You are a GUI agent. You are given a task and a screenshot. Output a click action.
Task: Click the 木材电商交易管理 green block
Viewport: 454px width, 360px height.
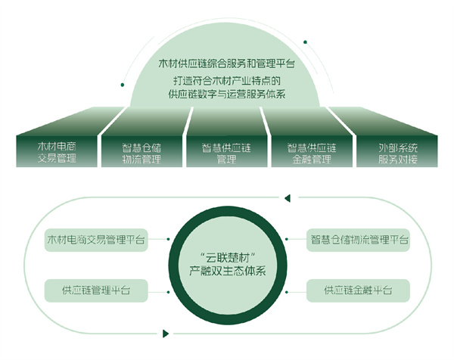tap(58, 151)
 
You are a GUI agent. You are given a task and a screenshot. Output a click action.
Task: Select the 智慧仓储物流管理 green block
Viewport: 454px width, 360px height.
tap(141, 151)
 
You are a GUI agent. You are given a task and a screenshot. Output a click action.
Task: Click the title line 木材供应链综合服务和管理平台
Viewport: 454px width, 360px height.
tap(227, 67)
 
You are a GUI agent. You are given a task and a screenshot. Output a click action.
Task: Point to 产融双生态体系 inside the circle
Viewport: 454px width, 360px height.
tap(227, 271)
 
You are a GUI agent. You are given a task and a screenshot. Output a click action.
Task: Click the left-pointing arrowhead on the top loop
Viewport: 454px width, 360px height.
tap(287, 200)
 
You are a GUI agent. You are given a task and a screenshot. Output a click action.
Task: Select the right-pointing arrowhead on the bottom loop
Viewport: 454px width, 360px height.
tap(166, 331)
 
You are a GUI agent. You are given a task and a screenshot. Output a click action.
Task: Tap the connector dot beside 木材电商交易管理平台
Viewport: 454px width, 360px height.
tap(166, 240)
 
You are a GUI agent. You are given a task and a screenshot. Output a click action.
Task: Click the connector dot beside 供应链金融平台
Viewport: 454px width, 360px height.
tap(289, 290)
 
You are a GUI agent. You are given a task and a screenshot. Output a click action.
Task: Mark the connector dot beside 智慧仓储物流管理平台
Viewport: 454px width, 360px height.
tap(289, 240)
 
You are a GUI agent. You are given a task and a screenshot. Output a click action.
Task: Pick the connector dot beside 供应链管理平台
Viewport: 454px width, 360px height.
tap(166, 290)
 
